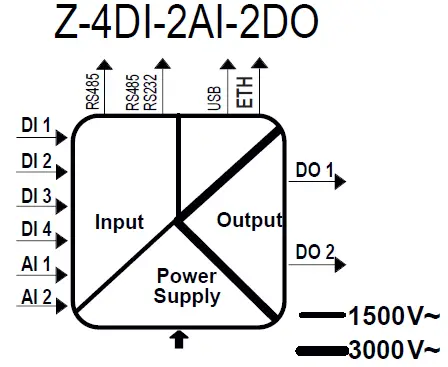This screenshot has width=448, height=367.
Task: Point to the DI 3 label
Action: click(35, 195)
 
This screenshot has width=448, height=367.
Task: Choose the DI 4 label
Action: click(35, 230)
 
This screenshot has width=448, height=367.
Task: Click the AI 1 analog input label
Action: click(35, 267)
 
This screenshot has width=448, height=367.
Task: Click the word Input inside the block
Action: click(119, 222)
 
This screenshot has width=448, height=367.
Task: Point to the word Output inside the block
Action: click(249, 219)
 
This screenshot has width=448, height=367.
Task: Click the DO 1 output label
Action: click(314, 171)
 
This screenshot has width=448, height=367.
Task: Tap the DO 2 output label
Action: click(315, 252)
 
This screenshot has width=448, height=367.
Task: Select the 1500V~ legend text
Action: click(393, 318)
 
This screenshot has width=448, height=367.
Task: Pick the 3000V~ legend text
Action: click(393, 350)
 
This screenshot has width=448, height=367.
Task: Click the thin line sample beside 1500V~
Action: click(322, 316)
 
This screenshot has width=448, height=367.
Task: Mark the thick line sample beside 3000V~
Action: click(322, 350)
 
